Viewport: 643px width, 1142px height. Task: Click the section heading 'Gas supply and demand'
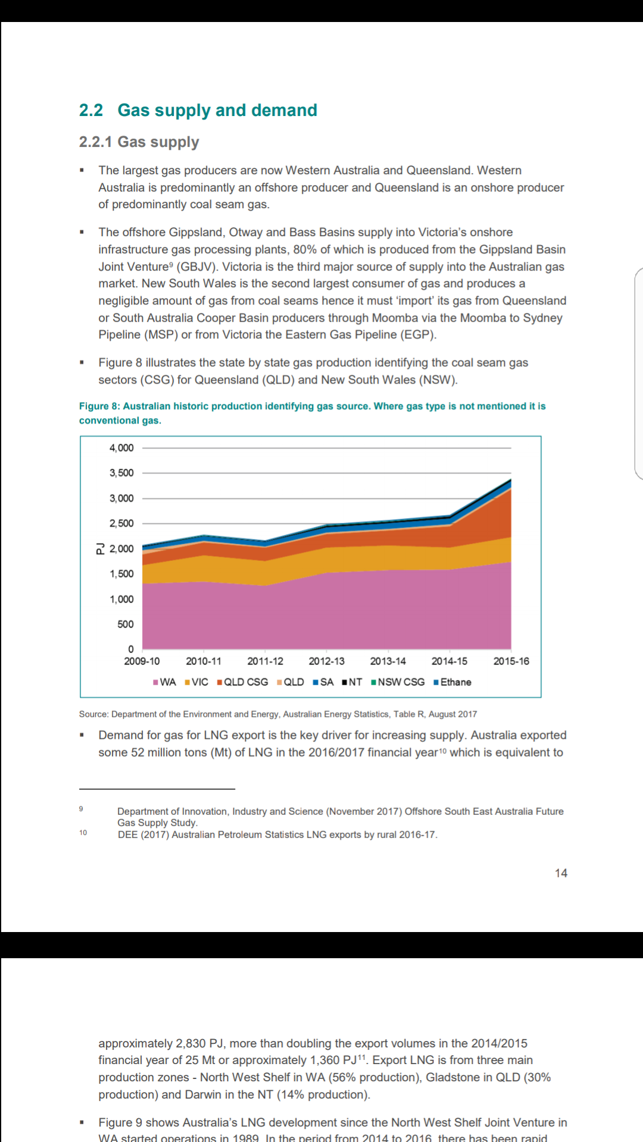(217, 111)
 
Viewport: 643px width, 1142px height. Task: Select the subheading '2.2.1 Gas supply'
(139, 142)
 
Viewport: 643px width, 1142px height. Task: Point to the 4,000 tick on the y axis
(121, 448)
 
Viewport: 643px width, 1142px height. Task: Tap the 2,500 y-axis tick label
(121, 523)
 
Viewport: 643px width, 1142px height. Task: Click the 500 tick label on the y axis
(126, 625)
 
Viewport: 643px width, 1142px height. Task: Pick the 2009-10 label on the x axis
(142, 661)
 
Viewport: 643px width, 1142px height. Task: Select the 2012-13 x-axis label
(326, 661)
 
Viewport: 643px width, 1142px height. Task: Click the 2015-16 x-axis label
(511, 661)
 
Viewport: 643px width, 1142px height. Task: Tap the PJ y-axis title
(100, 548)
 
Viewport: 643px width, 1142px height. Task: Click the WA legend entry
(164, 682)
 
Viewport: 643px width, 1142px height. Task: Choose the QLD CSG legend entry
(242, 682)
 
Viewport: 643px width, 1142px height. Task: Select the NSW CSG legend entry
(398, 682)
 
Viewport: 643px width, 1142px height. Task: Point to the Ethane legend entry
(452, 682)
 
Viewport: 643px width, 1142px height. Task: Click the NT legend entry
(352, 682)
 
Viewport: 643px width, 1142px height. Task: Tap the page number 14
(561, 873)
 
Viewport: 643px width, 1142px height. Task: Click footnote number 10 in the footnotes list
(83, 833)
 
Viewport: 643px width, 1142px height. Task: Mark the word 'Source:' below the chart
(94, 714)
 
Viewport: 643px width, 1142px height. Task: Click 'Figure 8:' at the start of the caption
(99, 406)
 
